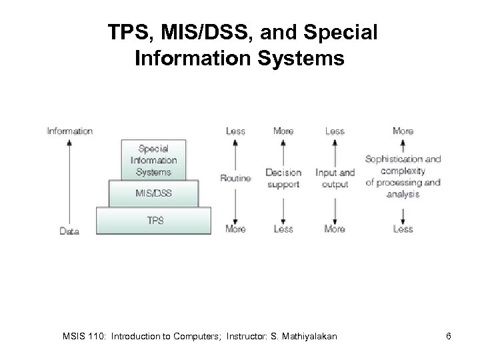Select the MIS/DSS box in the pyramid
click(153, 193)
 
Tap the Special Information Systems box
click(153, 159)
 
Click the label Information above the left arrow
click(70, 131)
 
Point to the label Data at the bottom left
click(69, 231)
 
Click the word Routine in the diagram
click(235, 178)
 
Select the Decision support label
click(283, 178)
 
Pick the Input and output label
click(335, 178)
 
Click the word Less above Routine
click(235, 131)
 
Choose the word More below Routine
click(235, 229)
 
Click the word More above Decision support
click(283, 131)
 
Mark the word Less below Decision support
click(283, 229)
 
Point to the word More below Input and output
click(335, 229)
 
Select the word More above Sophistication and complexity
click(403, 131)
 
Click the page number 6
click(449, 336)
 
